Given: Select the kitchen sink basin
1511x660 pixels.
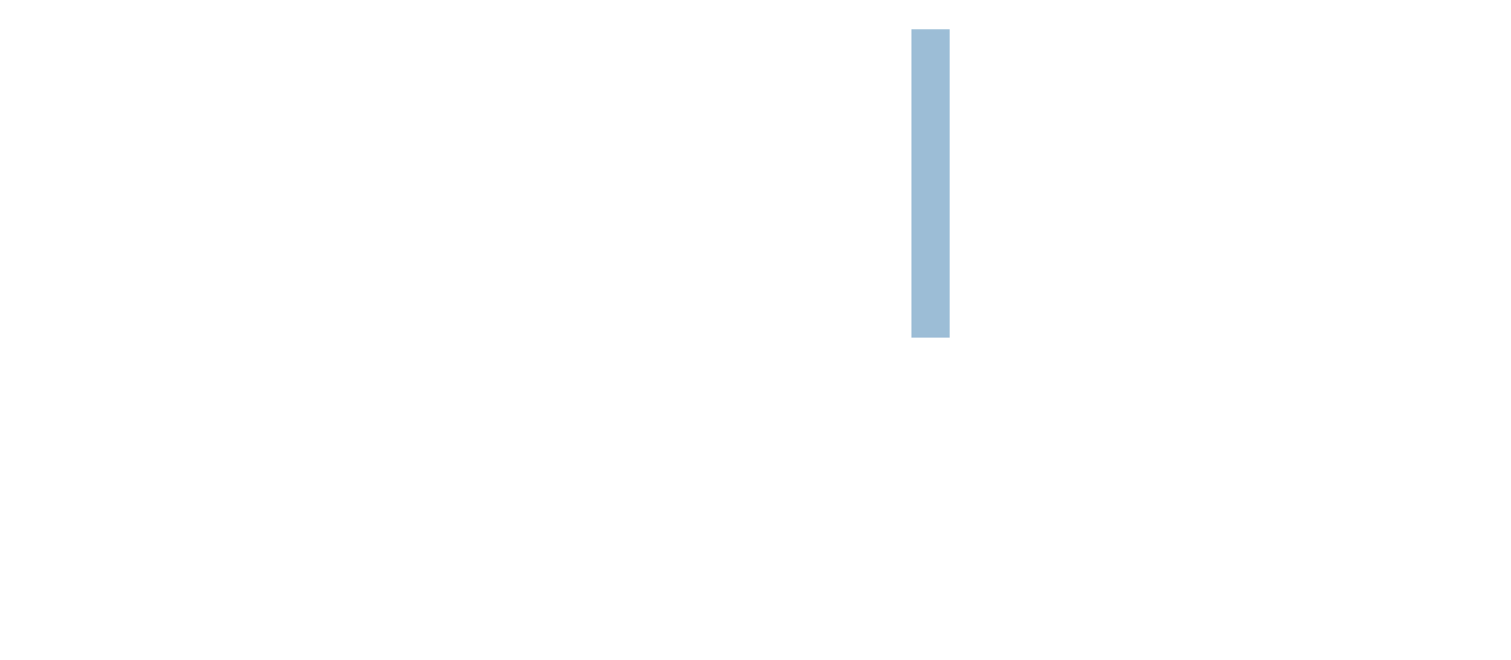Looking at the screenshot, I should [574, 279].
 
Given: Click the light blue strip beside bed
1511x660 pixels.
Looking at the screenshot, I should [930, 181].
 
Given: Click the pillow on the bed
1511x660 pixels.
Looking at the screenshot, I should [991, 161].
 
